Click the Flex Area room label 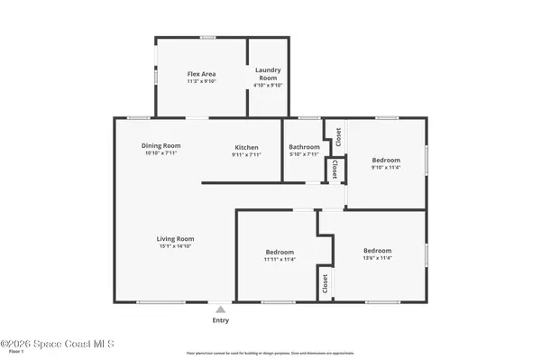point(201,73)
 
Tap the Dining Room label point(161,146)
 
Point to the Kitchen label point(246,147)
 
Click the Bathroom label point(304,147)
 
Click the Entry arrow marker point(220,309)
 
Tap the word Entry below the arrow point(220,320)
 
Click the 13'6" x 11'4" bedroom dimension point(377,258)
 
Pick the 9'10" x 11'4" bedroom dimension point(385,167)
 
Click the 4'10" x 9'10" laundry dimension point(268,86)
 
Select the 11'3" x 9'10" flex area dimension point(201,81)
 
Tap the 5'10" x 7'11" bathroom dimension point(304,154)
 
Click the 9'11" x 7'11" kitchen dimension point(246,155)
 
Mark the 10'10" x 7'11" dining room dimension point(161,154)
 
